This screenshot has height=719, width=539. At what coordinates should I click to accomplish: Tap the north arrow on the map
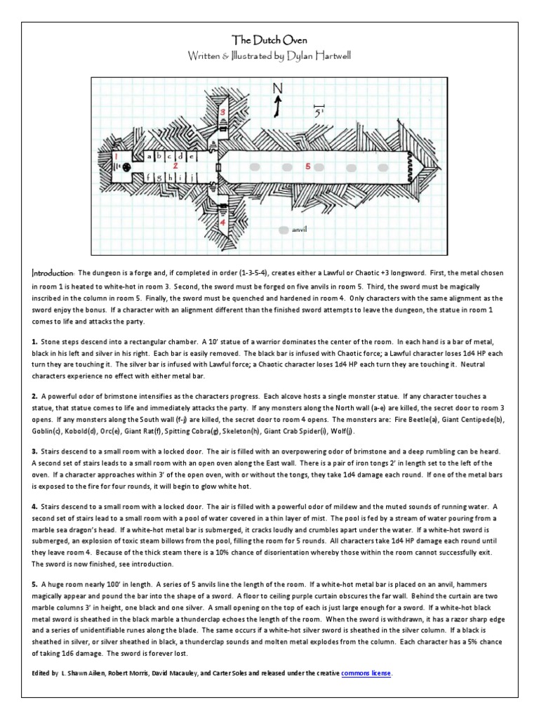click(277, 107)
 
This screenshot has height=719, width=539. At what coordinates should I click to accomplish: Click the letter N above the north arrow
click(277, 88)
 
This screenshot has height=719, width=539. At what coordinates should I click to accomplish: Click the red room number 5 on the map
click(307, 167)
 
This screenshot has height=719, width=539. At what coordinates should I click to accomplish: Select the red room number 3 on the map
click(222, 112)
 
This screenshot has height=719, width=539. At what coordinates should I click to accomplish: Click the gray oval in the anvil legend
click(283, 230)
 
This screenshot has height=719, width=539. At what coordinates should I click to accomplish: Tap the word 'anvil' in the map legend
click(300, 230)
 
